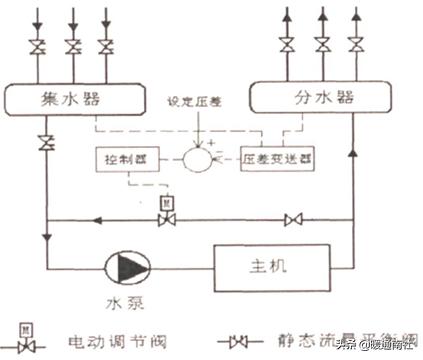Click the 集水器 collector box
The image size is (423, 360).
coord(75,99)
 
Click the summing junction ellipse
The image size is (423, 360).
coord(196,158)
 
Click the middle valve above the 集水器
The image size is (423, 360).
coord(73,47)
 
